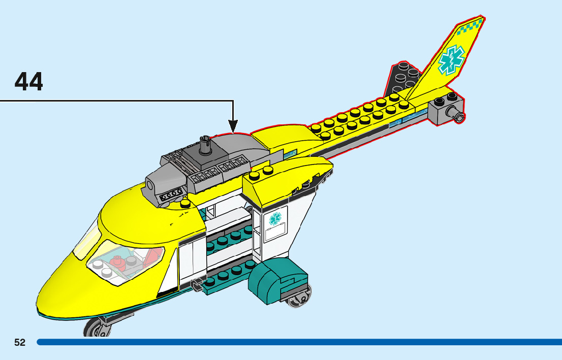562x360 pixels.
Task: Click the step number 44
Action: point(29,82)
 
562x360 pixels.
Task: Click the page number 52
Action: point(20,342)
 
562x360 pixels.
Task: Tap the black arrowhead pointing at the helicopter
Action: point(233,125)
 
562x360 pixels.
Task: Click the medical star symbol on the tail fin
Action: point(451,60)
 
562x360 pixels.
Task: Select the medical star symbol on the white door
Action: point(275,218)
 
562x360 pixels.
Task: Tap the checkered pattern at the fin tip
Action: point(470,27)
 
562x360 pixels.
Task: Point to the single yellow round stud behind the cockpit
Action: point(186,204)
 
